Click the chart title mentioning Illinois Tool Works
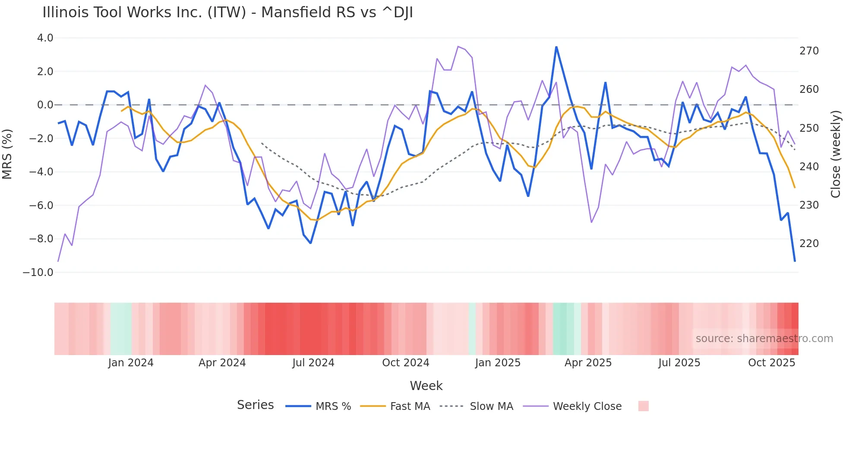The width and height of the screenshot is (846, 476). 227,13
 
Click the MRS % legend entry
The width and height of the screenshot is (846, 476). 333,406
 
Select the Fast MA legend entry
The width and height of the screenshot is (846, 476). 410,406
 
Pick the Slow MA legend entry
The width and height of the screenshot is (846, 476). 491,406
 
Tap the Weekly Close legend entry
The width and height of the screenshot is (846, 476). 587,406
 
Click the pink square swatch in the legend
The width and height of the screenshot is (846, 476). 643,406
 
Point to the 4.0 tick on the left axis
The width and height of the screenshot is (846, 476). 45,38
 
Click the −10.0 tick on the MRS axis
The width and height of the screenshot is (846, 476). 38,273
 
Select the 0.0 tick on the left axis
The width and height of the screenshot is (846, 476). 45,105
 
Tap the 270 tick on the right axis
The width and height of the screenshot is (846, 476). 809,51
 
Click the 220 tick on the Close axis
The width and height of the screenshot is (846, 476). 809,244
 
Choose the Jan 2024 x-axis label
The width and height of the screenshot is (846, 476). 131,363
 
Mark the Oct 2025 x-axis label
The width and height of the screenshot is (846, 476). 771,363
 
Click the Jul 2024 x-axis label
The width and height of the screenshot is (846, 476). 313,363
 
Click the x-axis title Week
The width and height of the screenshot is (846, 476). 426,386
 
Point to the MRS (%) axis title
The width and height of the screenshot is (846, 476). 7,154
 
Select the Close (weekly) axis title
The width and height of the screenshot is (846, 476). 836,154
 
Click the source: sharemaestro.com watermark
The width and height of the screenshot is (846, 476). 764,339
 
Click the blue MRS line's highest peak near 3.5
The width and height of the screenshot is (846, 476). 556,47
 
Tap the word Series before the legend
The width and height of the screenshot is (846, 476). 255,405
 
